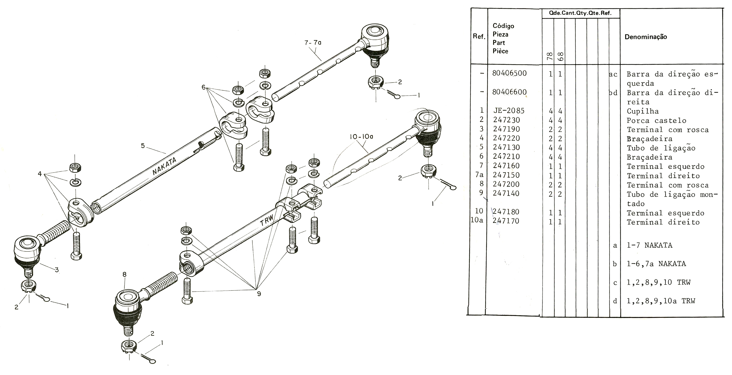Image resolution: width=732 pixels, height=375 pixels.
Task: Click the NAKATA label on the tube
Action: pos(164,166)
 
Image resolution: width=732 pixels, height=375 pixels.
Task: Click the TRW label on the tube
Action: pos(267,220)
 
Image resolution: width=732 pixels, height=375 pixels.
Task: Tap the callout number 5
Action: pos(143,146)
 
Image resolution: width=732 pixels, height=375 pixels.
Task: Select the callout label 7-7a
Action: pos(313,43)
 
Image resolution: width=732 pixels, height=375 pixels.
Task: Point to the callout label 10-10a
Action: pos(362,137)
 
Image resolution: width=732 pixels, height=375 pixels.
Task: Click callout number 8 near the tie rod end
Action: pos(124,274)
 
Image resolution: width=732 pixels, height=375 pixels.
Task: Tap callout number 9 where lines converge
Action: pos(259,294)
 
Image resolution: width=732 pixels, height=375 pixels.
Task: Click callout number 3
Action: pos(57,270)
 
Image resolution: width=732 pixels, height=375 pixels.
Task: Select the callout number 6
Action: pos(204,87)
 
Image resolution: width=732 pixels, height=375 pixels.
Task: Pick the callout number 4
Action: pos(40,173)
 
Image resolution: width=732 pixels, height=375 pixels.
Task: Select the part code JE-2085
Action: pos(509,111)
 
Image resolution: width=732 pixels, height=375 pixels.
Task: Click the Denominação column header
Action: pos(646,37)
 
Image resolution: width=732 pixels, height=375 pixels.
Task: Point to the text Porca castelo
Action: pos(656,121)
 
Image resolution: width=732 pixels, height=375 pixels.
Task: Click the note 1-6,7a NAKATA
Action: pos(656,264)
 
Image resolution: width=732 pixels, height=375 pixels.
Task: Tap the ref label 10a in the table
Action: pos(477,220)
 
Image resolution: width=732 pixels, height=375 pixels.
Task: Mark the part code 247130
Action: pos(507,147)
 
